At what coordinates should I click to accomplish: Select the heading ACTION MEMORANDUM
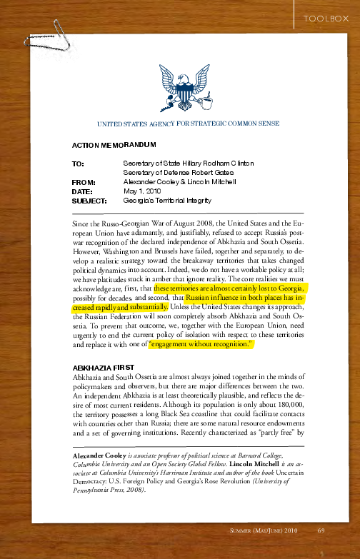114,145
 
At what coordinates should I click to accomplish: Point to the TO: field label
79,163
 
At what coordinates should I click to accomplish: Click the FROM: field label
84,182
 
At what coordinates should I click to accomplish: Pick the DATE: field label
82,191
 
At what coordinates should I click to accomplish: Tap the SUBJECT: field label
89,201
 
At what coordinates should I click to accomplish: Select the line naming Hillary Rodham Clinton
188,163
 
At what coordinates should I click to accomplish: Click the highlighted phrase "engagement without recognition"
201,345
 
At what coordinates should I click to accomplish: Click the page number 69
321,530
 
